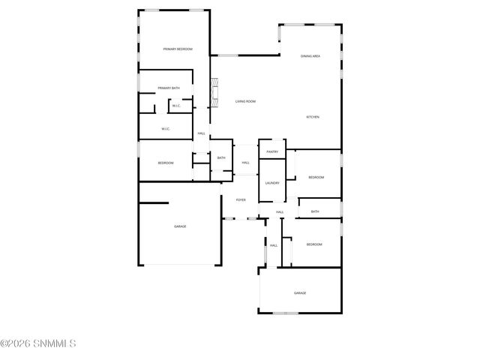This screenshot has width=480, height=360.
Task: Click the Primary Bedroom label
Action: pos(178,49)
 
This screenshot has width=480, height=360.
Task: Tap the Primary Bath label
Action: pos(169,88)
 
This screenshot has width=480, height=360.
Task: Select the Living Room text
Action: pos(245,101)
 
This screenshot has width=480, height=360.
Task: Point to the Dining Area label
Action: pos(310,56)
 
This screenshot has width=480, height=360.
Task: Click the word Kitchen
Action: pos(313,117)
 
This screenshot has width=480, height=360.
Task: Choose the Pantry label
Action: pos(271,151)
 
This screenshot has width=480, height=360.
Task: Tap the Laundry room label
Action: pos(271,183)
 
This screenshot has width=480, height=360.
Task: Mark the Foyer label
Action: pos(241,200)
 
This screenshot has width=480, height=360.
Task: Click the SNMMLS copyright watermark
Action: pos(38,343)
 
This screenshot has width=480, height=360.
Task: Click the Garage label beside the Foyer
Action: pos(180,226)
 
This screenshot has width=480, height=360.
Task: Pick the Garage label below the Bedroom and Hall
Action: pos(300,293)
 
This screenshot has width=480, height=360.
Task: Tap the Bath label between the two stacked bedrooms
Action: pos(315,211)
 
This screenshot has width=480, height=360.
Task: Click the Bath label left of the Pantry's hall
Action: pos(221,157)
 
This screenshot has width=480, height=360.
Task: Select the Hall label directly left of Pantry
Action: pos(245,163)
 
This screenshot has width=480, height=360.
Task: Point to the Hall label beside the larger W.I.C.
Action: pos(201,133)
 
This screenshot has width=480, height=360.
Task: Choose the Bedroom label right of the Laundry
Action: pos(316,177)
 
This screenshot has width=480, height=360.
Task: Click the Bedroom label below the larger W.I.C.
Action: pos(166,163)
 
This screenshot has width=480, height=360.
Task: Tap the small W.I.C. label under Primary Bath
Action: pos(175,106)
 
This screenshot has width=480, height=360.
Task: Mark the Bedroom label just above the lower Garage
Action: pos(313,244)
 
